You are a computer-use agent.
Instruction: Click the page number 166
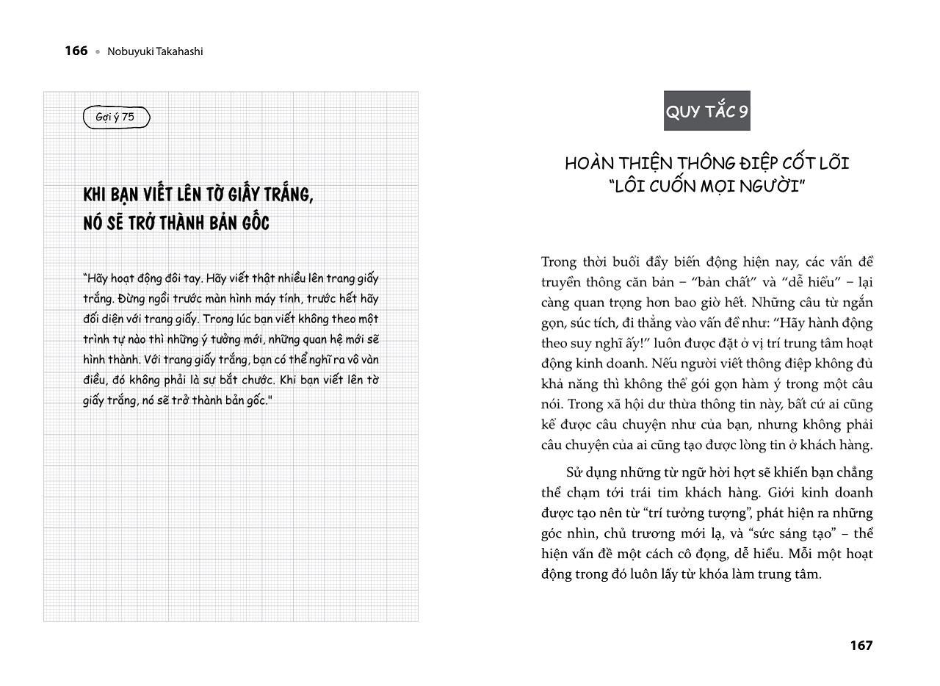coord(76,51)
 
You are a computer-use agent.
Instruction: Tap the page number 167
coord(861,646)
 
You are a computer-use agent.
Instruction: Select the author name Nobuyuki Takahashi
coord(155,51)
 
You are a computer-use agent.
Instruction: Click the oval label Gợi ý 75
coord(116,117)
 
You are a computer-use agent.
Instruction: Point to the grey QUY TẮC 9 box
coord(706,112)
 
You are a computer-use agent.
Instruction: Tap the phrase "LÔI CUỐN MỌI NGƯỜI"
coord(707,187)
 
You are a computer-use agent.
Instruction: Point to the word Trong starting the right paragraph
coord(559,262)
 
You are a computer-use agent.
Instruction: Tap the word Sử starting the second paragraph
coord(575,472)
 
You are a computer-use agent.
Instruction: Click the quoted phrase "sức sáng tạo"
coord(793,534)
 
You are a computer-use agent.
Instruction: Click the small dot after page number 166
coord(97,52)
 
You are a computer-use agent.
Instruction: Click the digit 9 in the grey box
coord(743,112)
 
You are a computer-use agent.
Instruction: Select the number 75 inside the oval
coord(128,117)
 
